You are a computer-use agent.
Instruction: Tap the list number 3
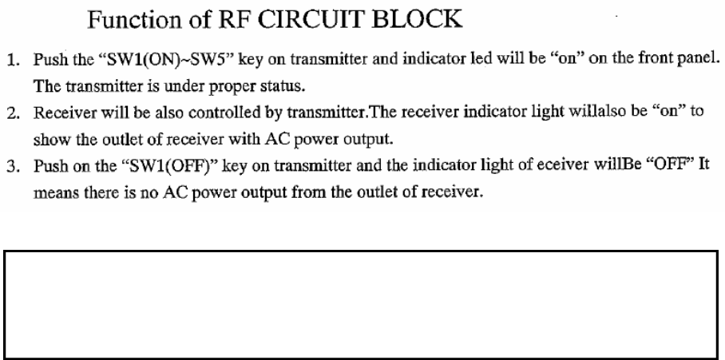click(x=14, y=162)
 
